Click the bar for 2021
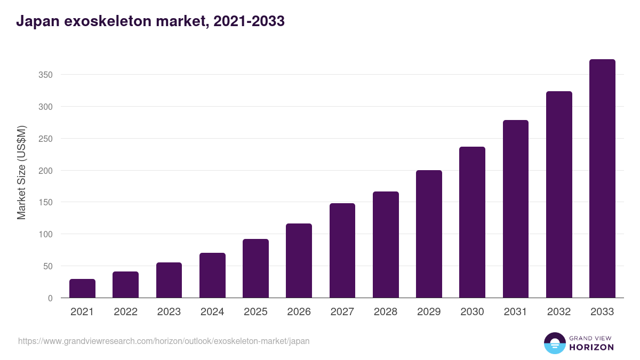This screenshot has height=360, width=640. point(82,289)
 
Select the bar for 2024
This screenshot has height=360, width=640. point(212,275)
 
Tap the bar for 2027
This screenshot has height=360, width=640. point(342,251)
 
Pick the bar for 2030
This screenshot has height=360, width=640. point(472,222)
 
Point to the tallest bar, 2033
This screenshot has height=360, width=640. point(602,179)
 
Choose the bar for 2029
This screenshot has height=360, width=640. point(429,234)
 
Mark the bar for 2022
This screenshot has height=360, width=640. point(125,285)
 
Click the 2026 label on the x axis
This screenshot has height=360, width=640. point(299,312)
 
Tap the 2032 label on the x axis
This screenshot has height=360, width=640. point(559,312)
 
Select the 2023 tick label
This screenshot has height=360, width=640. point(169,312)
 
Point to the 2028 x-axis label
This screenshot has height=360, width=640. point(386,312)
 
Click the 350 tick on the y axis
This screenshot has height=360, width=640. point(45,75)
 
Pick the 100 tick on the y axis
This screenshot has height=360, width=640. point(45,234)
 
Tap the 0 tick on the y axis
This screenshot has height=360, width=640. point(50,298)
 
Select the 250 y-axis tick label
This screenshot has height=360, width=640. point(45,139)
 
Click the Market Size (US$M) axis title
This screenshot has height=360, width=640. point(21,173)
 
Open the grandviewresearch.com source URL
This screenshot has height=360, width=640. point(164,341)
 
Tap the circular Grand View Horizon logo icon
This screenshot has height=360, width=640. point(554,343)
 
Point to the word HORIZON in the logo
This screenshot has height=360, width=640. point(591,347)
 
